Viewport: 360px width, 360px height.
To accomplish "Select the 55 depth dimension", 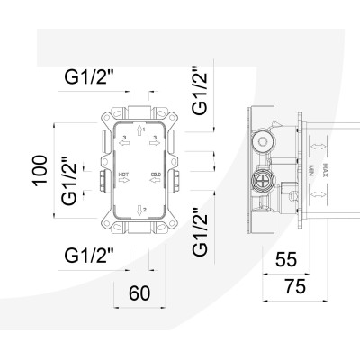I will pos(286,260).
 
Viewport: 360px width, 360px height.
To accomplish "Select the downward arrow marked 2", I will pos(139,209).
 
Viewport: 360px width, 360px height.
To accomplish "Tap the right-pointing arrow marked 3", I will pos(155,139).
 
